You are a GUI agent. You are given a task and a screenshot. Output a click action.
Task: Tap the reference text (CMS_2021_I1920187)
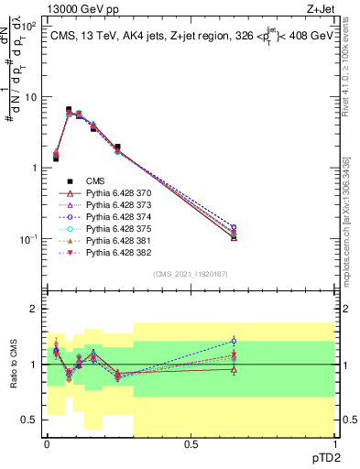[191, 273]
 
